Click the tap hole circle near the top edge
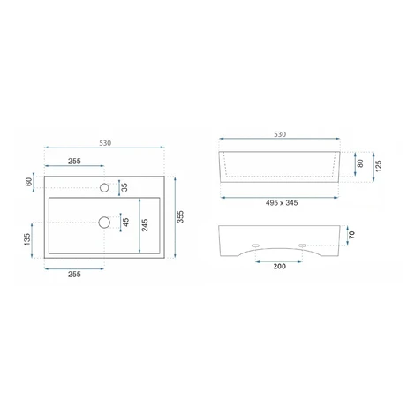pos(104,187)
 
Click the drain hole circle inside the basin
pos(104,223)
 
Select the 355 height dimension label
pos(180,216)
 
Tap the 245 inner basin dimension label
pos(145,225)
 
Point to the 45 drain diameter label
pos(126,222)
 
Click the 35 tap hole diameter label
pos(124,187)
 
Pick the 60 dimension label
pos(29,182)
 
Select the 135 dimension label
pos(27,239)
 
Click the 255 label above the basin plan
pos(74,162)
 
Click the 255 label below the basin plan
pos(74,275)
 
